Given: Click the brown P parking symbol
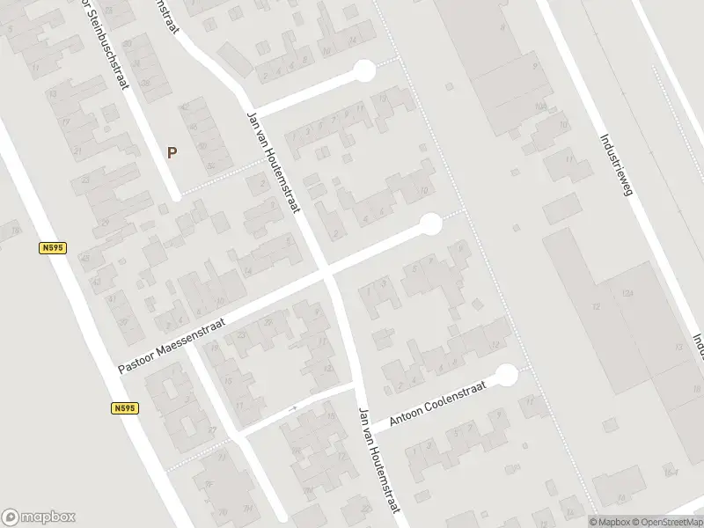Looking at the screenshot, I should click(x=172, y=152).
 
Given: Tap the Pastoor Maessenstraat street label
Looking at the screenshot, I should click(x=172, y=345).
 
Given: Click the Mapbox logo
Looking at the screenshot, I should click(x=39, y=517).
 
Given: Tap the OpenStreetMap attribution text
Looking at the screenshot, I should click(x=666, y=522).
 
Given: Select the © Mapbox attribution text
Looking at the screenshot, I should click(x=610, y=522).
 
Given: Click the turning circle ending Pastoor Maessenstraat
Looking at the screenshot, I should click(x=430, y=224).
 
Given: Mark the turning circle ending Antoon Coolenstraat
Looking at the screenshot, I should click(x=506, y=377).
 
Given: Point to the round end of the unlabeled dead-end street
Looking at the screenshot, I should click(x=363, y=71).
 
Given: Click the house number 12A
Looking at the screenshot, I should click(x=627, y=291).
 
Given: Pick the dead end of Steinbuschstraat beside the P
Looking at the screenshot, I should click(x=177, y=195).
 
